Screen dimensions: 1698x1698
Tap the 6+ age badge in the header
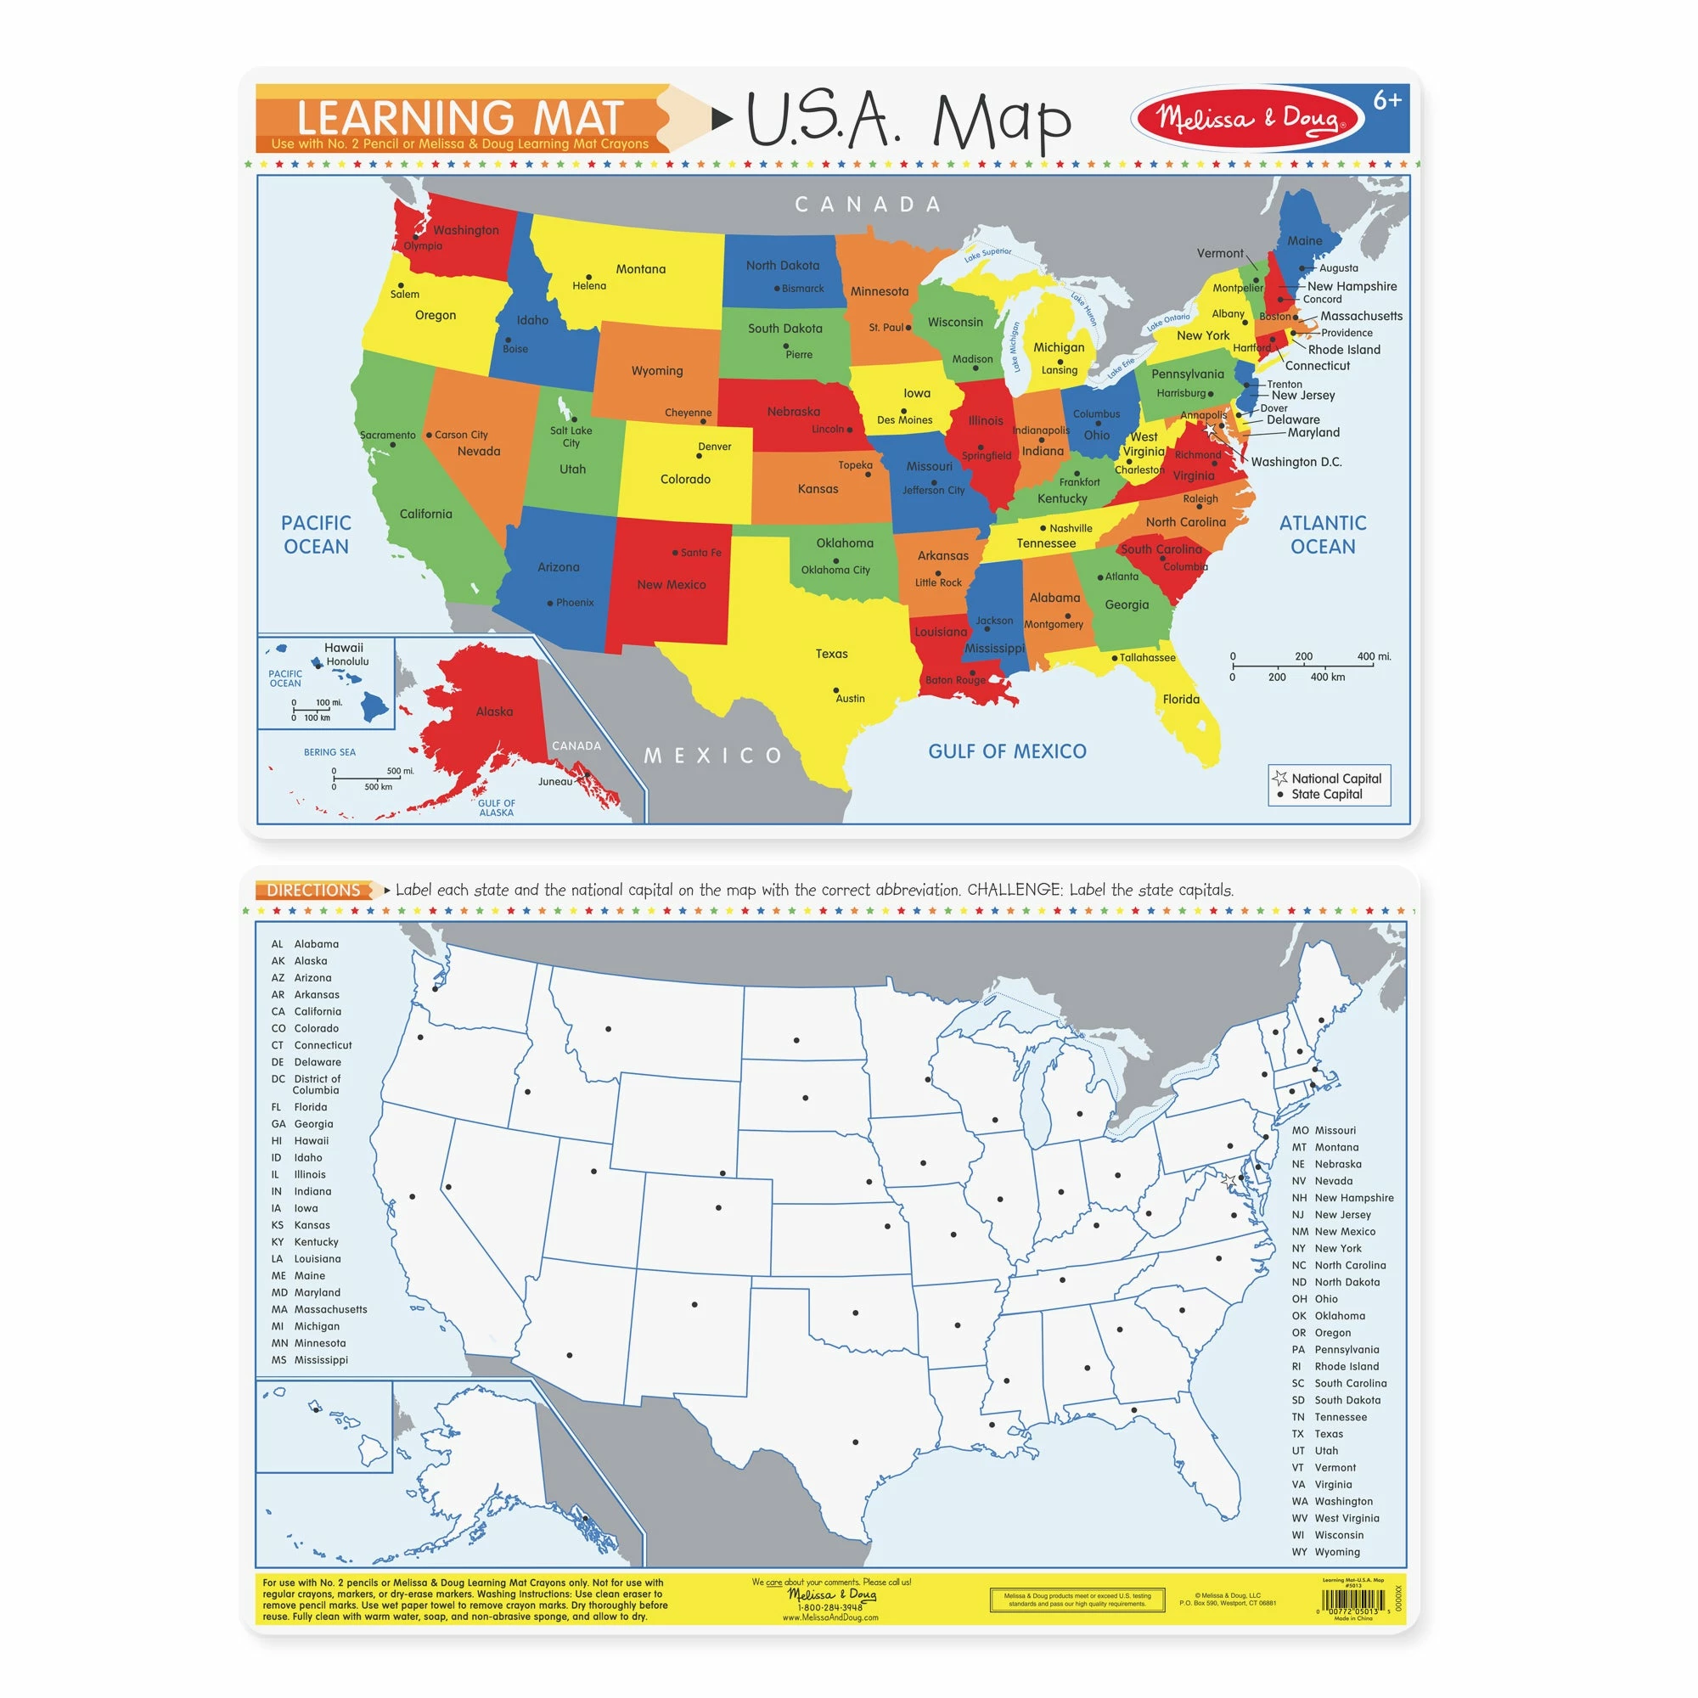coord(1387,101)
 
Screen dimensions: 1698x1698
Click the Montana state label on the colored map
coord(641,269)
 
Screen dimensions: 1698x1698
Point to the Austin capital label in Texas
coord(850,698)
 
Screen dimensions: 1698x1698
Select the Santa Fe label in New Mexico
coord(700,552)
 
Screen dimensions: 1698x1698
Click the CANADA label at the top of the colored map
coord(868,205)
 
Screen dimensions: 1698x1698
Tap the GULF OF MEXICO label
coord(1007,751)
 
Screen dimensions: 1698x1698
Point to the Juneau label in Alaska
coord(554,780)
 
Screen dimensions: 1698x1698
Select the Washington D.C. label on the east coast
coord(1296,461)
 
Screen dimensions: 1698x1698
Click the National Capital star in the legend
coord(1279,778)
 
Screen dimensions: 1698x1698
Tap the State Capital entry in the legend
coord(1325,794)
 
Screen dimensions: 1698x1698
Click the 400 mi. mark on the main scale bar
coord(1373,656)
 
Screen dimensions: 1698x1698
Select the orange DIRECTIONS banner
coord(314,890)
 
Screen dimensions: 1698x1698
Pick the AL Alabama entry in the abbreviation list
coord(305,944)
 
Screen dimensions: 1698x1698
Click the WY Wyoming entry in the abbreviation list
coord(1325,1551)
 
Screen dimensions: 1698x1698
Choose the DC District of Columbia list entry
coord(306,1083)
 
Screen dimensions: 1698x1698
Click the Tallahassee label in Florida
coord(1147,657)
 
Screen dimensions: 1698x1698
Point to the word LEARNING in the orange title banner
coord(405,118)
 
